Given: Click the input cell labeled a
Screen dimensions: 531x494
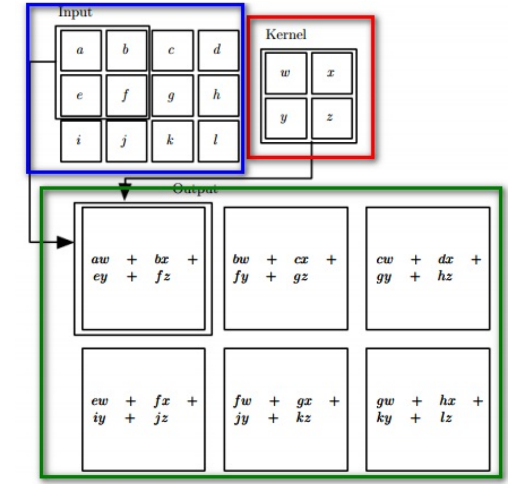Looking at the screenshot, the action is [80, 50].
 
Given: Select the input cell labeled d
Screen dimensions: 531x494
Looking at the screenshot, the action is [218, 50].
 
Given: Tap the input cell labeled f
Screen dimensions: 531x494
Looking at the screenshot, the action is [126, 95].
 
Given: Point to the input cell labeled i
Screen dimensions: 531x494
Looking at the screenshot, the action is [80, 141].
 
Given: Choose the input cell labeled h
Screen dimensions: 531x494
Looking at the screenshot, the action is [218, 95].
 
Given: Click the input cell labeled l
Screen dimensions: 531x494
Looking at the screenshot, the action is [218, 141].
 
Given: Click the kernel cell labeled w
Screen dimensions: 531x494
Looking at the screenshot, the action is [285, 73].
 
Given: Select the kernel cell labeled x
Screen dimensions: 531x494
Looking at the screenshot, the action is [331, 73].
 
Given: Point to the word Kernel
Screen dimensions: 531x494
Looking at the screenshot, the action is [286, 35].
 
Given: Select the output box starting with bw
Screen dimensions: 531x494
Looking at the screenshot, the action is [285, 268].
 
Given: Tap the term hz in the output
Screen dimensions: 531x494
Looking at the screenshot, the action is [445, 277].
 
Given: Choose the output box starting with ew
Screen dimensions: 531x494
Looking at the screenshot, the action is [143, 409].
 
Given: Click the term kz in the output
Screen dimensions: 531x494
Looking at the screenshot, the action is [303, 418].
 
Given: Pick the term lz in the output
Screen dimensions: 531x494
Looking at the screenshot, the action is [445, 418].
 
